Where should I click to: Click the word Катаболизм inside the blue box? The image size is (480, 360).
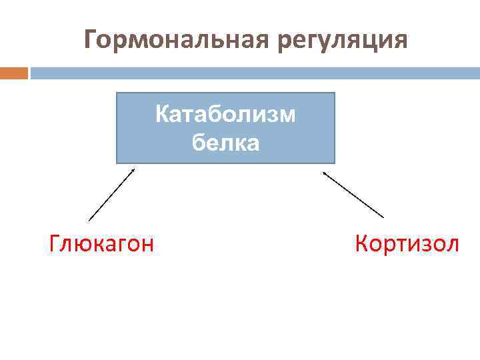click(225, 114)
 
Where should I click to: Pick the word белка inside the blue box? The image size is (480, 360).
click(225, 141)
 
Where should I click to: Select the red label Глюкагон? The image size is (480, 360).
click(101, 244)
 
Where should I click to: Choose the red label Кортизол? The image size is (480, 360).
click(407, 244)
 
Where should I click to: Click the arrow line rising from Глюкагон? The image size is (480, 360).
click(111, 194)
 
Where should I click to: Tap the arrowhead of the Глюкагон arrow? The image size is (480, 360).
click(133, 170)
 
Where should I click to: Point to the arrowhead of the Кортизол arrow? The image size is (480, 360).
click(325, 173)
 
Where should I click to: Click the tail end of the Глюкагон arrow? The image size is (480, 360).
click(89, 219)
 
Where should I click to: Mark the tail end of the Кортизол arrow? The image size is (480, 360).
click(383, 217)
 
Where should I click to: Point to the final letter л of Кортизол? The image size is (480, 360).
click(453, 245)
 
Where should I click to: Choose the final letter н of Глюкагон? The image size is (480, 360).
click(148, 245)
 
